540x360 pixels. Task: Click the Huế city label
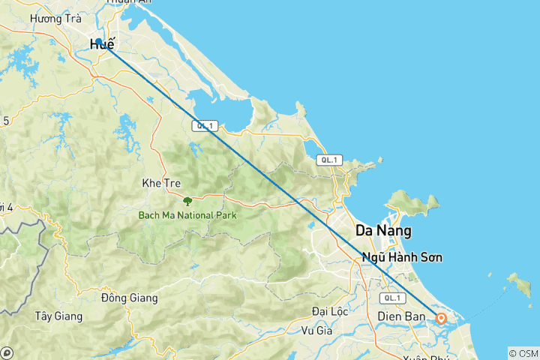pos(103,45)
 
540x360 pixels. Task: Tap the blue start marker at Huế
pos(98,41)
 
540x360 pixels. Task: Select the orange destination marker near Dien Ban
pos(441,319)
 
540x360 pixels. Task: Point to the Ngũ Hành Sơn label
pos(402,257)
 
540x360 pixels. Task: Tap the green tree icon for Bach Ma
pos(187,201)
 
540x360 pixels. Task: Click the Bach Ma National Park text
pos(187,215)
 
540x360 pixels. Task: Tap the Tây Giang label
pos(58,316)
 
